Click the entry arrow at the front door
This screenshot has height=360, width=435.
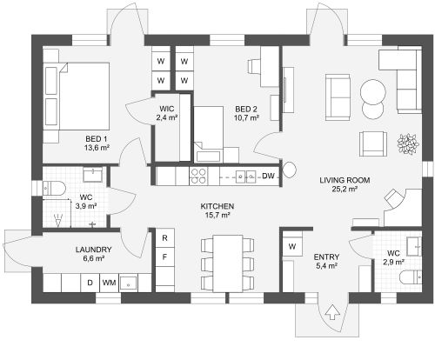332,312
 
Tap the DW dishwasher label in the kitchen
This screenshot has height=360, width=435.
268,176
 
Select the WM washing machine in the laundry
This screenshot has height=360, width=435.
109,283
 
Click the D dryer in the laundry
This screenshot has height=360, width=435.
90,283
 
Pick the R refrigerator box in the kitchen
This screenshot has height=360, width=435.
165,238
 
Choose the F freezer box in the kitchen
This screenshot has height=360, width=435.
165,257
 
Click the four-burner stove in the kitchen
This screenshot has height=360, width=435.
198,177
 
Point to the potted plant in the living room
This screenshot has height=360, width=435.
408,143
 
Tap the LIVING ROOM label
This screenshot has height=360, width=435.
345,180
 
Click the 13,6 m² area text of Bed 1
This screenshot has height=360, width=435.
97,148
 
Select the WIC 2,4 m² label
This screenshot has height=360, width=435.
166,113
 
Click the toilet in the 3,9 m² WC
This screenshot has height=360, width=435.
54,188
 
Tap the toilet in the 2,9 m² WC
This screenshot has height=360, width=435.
411,278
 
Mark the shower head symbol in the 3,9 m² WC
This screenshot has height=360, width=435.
58,220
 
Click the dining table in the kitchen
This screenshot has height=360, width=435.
228,263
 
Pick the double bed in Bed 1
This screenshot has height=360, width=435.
77,97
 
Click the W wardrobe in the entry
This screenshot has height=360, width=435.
292,246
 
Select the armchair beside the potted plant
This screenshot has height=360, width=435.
373,143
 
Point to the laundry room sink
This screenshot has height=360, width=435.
129,283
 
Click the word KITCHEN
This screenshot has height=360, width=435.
217,206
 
